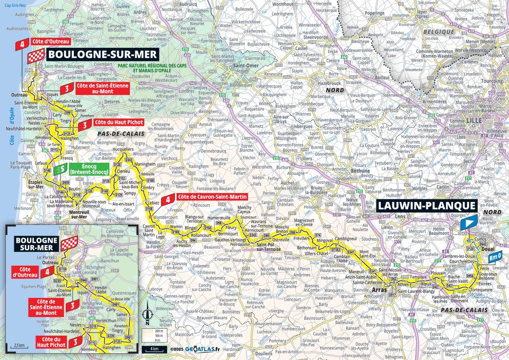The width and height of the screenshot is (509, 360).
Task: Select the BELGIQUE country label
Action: point(440,32)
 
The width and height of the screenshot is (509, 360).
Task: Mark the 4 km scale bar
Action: point(153,349)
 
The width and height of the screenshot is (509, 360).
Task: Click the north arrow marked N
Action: point(148,318)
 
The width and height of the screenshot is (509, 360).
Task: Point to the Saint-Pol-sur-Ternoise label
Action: point(268,245)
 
